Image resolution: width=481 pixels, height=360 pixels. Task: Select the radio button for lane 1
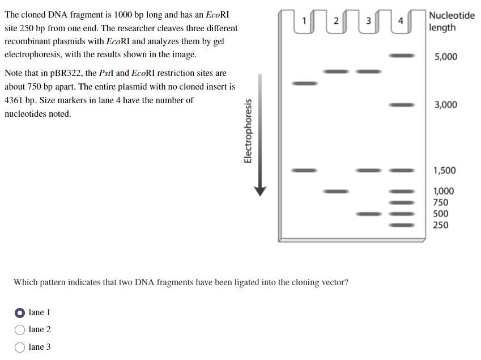20,312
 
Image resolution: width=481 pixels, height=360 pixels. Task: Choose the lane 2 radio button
20,329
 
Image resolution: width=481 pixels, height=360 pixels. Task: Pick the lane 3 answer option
20,347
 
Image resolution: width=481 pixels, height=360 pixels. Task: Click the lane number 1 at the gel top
304,22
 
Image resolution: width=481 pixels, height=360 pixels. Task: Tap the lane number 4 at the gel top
401,22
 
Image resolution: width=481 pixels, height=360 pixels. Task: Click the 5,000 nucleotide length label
445,57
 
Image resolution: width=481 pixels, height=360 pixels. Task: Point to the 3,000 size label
445,105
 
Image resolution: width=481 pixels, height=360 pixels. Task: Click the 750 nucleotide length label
440,202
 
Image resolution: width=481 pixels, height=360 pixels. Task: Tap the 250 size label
440,225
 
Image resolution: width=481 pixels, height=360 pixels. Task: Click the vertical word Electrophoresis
248,131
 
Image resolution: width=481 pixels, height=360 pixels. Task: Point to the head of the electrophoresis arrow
259,191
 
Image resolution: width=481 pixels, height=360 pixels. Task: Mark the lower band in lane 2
335,191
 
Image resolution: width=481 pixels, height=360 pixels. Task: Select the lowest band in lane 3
368,214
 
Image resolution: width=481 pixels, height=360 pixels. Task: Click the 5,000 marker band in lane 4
401,56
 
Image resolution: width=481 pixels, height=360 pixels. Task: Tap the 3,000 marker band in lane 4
401,105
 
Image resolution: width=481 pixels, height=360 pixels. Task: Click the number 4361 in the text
15,100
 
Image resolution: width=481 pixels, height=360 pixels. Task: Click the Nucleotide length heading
452,21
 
